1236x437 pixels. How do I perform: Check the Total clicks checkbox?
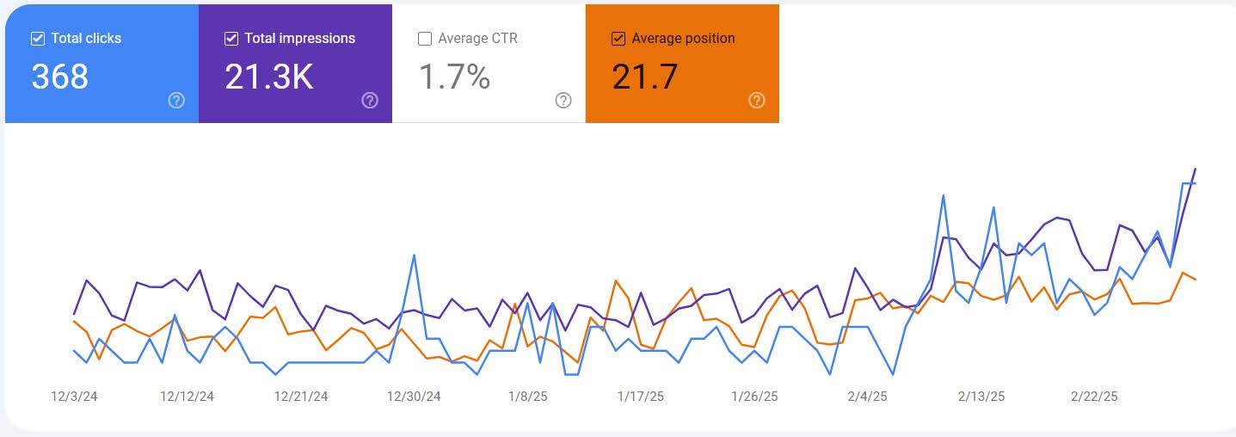tap(38, 39)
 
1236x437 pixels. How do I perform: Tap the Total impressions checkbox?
tap(231, 39)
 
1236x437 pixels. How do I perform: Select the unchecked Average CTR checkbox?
tap(425, 39)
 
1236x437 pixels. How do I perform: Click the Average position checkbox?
tap(618, 39)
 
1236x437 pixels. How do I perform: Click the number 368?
tap(60, 77)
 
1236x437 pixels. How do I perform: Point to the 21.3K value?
tap(268, 77)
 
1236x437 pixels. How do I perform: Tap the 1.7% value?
tap(454, 77)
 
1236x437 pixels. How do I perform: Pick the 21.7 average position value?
tap(645, 77)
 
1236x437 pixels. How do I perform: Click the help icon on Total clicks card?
tap(176, 101)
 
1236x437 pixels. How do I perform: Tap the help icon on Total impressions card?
tap(370, 101)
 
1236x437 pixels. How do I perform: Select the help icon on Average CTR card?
tap(563, 101)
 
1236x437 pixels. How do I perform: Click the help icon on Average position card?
tap(757, 101)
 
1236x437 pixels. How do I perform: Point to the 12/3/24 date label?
tap(75, 397)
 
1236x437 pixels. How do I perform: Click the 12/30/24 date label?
tap(414, 397)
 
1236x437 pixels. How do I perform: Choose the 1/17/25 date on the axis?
tap(641, 397)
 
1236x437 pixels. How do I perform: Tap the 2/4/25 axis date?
tap(867, 397)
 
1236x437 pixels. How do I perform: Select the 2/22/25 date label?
tap(1094, 397)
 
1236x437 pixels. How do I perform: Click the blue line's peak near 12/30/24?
tap(415, 255)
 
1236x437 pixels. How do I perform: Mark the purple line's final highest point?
tap(1196, 169)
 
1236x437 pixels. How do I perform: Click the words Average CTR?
tap(477, 39)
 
